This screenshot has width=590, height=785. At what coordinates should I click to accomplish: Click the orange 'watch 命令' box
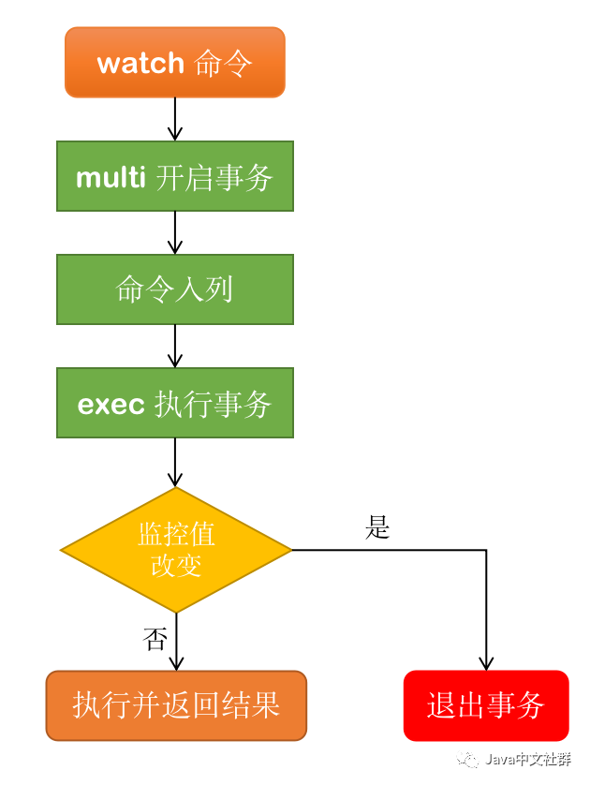pos(175,63)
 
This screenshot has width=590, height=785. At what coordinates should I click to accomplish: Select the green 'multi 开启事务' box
pos(175,176)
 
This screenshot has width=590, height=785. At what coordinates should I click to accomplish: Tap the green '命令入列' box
pos(175,289)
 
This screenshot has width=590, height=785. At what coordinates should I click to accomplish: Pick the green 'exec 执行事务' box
pos(175,403)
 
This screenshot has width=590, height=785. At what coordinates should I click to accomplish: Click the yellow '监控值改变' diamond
pos(176,550)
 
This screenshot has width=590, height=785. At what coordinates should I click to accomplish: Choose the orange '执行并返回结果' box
pos(176,705)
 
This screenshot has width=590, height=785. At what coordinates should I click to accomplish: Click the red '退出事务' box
pos(486,705)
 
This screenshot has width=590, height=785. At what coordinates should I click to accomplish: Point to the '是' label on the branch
pos(377,528)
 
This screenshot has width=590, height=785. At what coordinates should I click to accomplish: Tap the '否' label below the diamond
pos(155,640)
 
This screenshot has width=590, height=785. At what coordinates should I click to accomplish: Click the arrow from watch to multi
pos(175,119)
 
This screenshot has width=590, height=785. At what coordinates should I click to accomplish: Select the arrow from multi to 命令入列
pos(175,232)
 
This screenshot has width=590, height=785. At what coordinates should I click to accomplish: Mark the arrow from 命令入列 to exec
pos(175,346)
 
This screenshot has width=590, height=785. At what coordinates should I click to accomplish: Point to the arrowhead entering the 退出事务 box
pos(486,662)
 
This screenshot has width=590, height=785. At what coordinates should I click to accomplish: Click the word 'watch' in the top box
pos(140,63)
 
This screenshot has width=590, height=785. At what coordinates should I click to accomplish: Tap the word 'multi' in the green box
pos(111,177)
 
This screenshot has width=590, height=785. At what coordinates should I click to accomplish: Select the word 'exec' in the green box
pos(111,404)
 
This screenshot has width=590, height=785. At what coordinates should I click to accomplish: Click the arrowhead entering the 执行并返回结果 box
pos(176,662)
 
